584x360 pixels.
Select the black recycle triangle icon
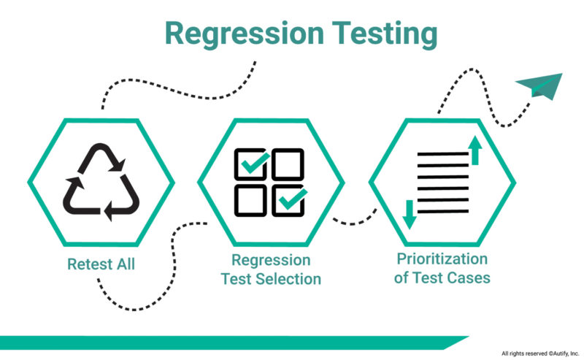100,182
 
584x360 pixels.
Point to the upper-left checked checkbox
251,164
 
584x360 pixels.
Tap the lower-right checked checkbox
290,200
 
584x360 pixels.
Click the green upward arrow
475,150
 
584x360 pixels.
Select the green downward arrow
409,212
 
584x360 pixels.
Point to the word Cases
470,277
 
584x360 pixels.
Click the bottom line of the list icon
440,211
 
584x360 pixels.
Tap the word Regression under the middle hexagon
271,260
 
